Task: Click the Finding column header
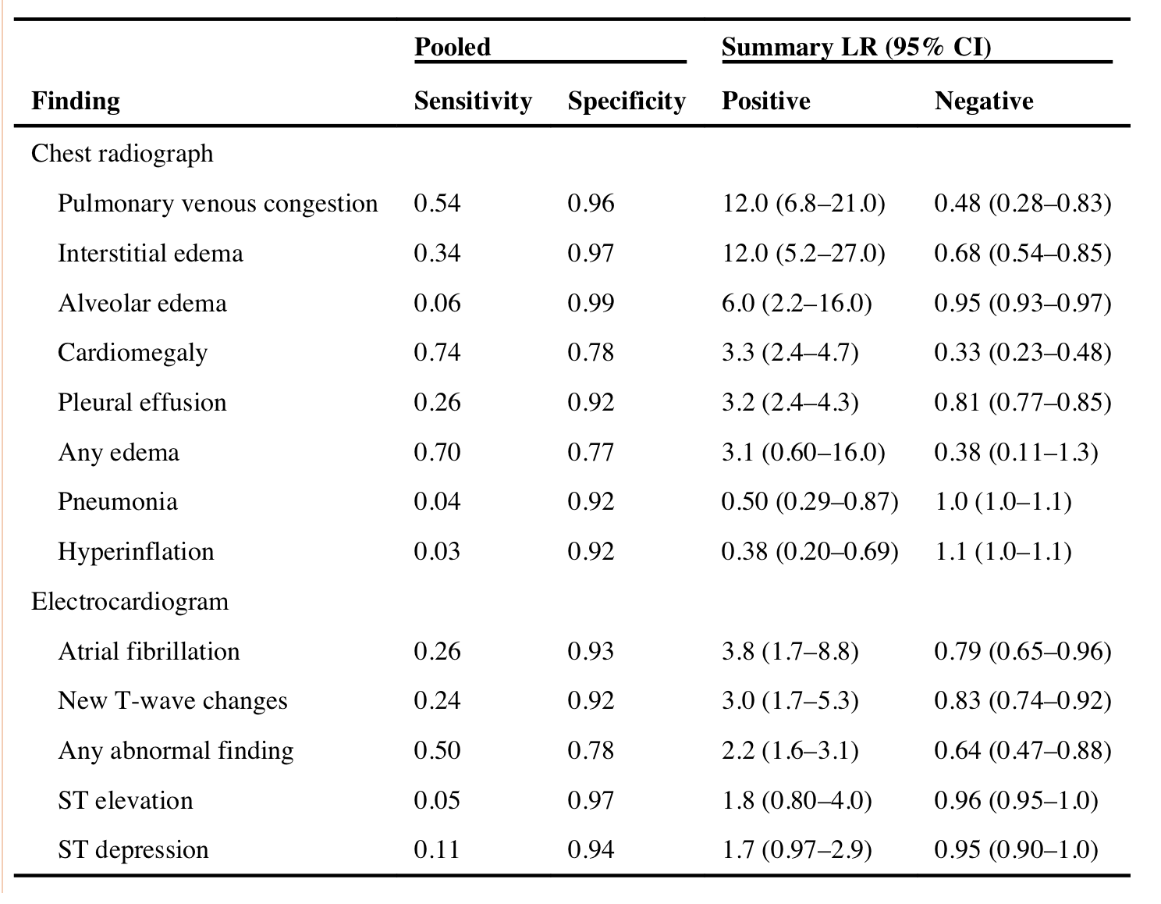(76, 101)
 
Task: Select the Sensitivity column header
(473, 101)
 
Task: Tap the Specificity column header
(627, 101)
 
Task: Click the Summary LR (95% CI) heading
(857, 47)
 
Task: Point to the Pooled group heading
(452, 47)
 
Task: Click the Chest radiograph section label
(122, 154)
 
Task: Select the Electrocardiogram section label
(130, 601)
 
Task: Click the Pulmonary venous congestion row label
(218, 204)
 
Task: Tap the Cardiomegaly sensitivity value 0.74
(437, 352)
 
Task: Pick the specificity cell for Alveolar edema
(591, 303)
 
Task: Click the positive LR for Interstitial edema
(804, 254)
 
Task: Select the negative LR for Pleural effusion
(1023, 403)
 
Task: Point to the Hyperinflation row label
(136, 552)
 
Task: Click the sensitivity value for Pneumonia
(437, 501)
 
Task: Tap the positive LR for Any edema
(804, 452)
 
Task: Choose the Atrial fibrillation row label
(149, 652)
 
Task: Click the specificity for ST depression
(591, 850)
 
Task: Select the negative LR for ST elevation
(1016, 800)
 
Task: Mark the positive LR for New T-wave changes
(790, 701)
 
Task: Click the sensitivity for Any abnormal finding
(437, 750)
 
